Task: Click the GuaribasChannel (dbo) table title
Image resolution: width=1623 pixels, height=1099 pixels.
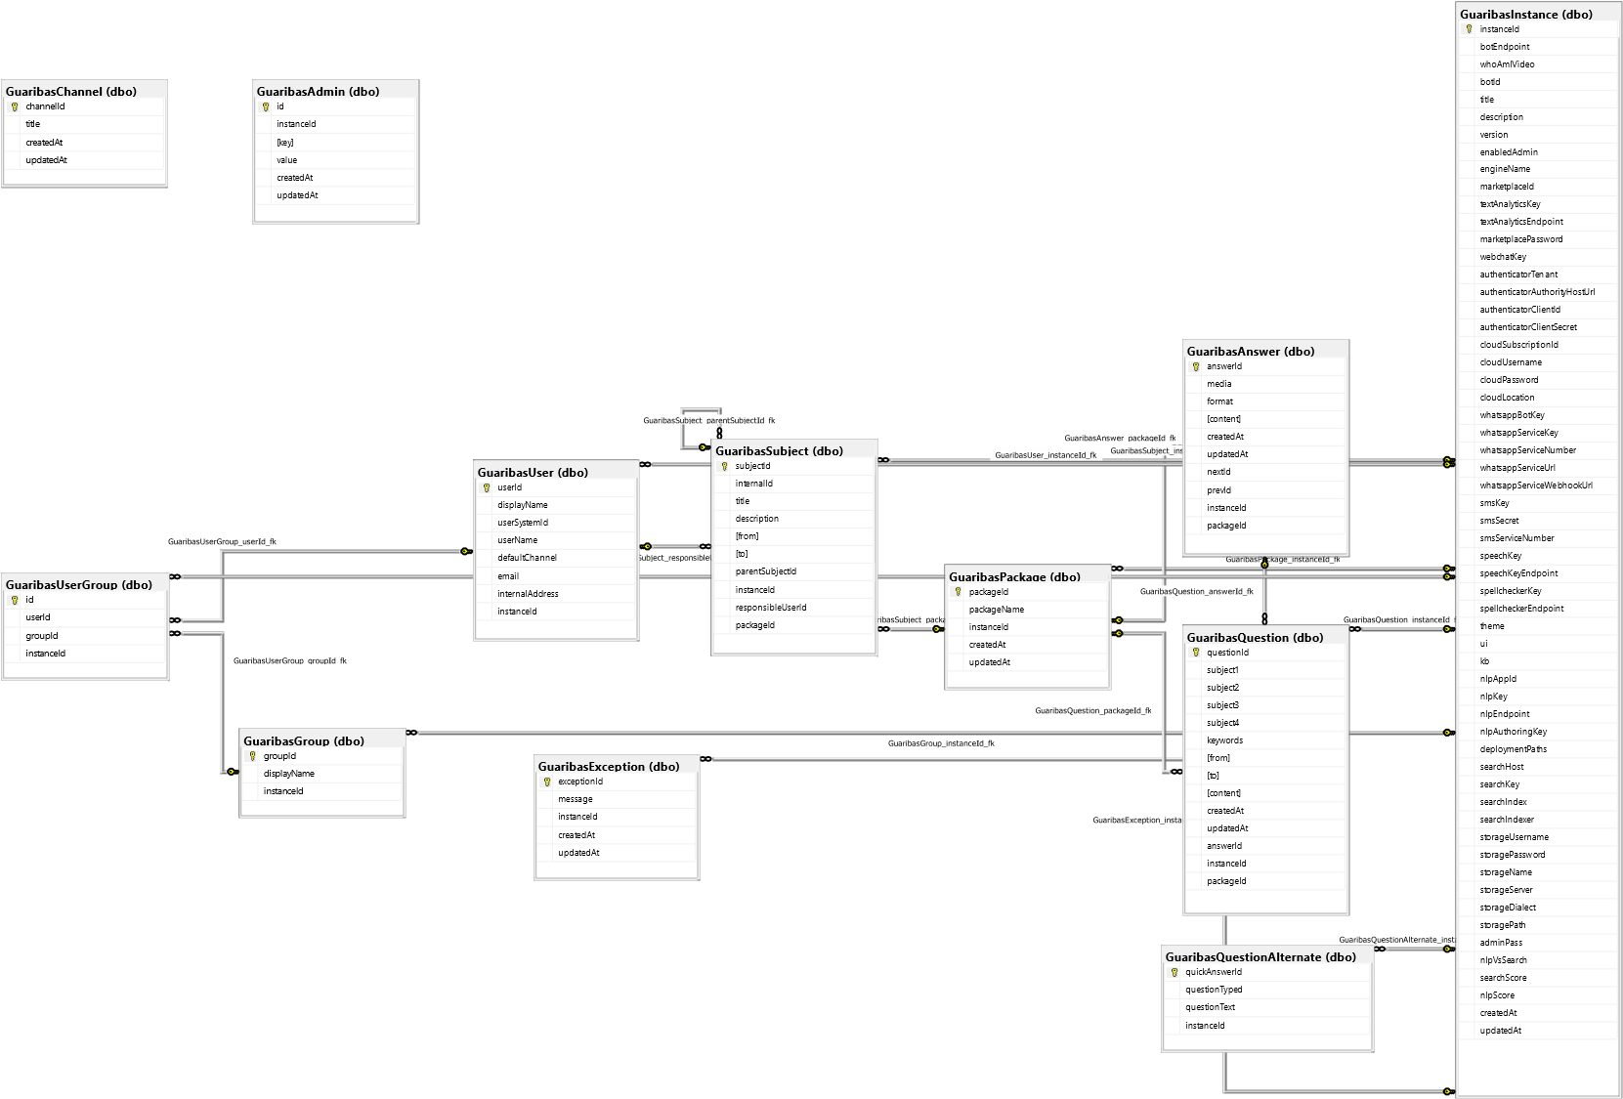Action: [71, 92]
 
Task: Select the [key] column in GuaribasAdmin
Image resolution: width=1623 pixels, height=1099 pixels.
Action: [285, 143]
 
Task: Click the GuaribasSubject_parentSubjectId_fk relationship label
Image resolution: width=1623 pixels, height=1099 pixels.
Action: [708, 420]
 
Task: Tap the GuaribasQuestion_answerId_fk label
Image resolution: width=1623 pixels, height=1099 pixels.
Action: [1196, 591]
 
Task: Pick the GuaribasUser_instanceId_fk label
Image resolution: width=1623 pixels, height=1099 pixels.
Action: [1046, 455]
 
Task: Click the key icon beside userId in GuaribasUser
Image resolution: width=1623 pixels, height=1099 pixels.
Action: [487, 487]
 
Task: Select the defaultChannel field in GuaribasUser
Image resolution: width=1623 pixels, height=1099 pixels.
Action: [527, 558]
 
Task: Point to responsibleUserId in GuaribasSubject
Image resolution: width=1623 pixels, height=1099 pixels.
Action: [771, 608]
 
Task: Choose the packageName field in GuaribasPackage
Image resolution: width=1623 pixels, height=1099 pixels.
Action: [997, 610]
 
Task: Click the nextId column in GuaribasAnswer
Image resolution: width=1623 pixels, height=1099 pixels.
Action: [1218, 472]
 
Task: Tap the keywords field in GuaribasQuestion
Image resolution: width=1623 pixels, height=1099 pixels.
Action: [1224, 740]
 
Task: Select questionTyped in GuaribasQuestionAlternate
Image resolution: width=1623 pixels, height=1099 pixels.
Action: [1214, 990]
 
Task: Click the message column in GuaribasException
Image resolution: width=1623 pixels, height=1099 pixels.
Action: [576, 799]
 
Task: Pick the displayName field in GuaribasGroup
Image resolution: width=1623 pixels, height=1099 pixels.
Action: [289, 774]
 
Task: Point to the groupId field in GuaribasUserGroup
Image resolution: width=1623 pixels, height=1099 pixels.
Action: [42, 636]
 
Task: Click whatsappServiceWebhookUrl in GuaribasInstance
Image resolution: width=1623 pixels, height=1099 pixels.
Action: [1536, 486]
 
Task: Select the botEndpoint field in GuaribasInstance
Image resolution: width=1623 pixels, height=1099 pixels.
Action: [1505, 47]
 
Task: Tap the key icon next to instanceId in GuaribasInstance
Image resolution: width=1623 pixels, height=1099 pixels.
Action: [1469, 29]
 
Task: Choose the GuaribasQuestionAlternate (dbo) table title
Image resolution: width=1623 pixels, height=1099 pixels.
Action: [1260, 957]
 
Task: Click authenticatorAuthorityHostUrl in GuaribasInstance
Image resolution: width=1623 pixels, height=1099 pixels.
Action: [1537, 292]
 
